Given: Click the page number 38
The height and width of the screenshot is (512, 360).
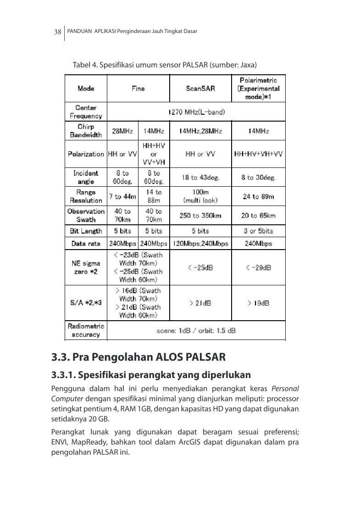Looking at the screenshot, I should [58, 32].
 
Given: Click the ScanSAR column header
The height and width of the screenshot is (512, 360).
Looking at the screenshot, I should [200, 89].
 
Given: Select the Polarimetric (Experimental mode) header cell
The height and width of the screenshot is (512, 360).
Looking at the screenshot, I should [258, 89].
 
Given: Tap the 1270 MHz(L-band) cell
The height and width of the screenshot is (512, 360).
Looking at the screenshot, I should [196, 111].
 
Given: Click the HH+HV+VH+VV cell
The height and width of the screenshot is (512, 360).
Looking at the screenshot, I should [258, 154].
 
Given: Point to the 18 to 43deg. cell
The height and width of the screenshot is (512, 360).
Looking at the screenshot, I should [200, 178].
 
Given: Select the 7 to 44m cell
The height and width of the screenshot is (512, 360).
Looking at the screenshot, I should [122, 197].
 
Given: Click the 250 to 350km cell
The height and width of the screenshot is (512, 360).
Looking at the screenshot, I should [200, 215].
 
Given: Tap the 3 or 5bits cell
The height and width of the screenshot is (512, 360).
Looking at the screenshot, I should [258, 231].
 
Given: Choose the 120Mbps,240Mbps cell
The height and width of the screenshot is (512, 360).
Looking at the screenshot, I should [200, 244].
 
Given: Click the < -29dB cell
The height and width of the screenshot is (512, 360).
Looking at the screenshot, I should [258, 267].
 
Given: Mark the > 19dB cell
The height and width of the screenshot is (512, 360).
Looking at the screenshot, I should [258, 303].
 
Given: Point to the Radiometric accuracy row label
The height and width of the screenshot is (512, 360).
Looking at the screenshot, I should [86, 330].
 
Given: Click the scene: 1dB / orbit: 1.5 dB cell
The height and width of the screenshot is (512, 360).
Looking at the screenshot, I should [196, 330].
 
